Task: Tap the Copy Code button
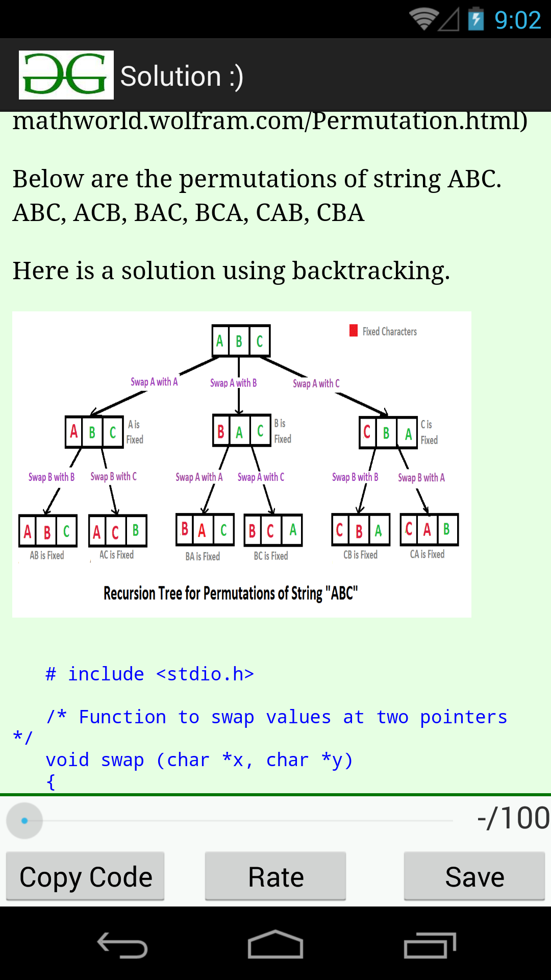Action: [85, 876]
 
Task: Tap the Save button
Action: [474, 876]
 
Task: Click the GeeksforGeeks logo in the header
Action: [66, 75]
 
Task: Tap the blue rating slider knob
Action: [24, 821]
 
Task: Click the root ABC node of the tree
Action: [241, 341]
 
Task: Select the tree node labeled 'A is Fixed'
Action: [94, 432]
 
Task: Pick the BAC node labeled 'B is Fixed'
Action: [241, 431]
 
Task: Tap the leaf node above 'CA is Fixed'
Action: [429, 530]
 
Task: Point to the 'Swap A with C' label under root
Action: [316, 383]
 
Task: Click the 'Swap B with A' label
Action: [421, 478]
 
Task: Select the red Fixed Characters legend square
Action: [354, 331]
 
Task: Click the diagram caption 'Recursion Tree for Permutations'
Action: [213, 594]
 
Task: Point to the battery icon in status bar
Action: [476, 19]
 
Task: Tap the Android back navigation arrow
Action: [122, 945]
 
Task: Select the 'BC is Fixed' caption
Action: [271, 556]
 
